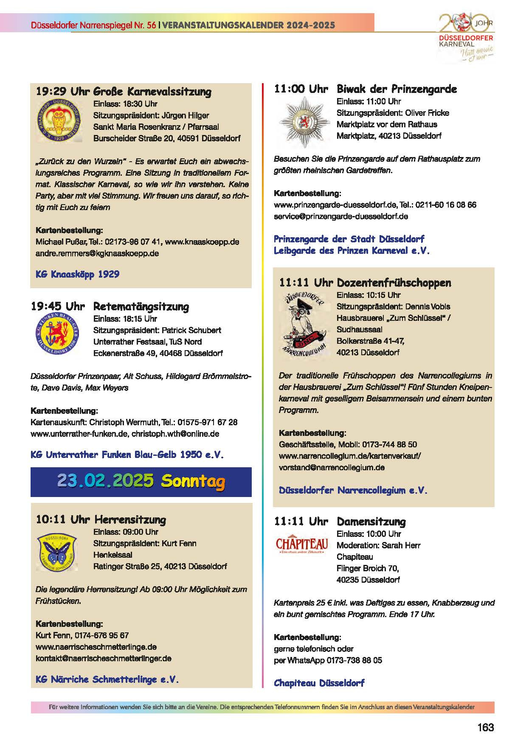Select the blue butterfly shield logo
(56, 552)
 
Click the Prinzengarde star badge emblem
(304, 121)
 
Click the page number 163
(485, 727)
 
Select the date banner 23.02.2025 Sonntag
(141, 481)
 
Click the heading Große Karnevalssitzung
(152, 92)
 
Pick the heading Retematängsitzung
(141, 306)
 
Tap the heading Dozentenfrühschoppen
(394, 283)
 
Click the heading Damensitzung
(371, 522)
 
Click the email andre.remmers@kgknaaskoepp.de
(97, 253)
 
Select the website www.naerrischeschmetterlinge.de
(96, 647)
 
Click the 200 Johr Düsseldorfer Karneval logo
(466, 37)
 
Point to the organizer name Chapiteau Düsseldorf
(319, 683)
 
